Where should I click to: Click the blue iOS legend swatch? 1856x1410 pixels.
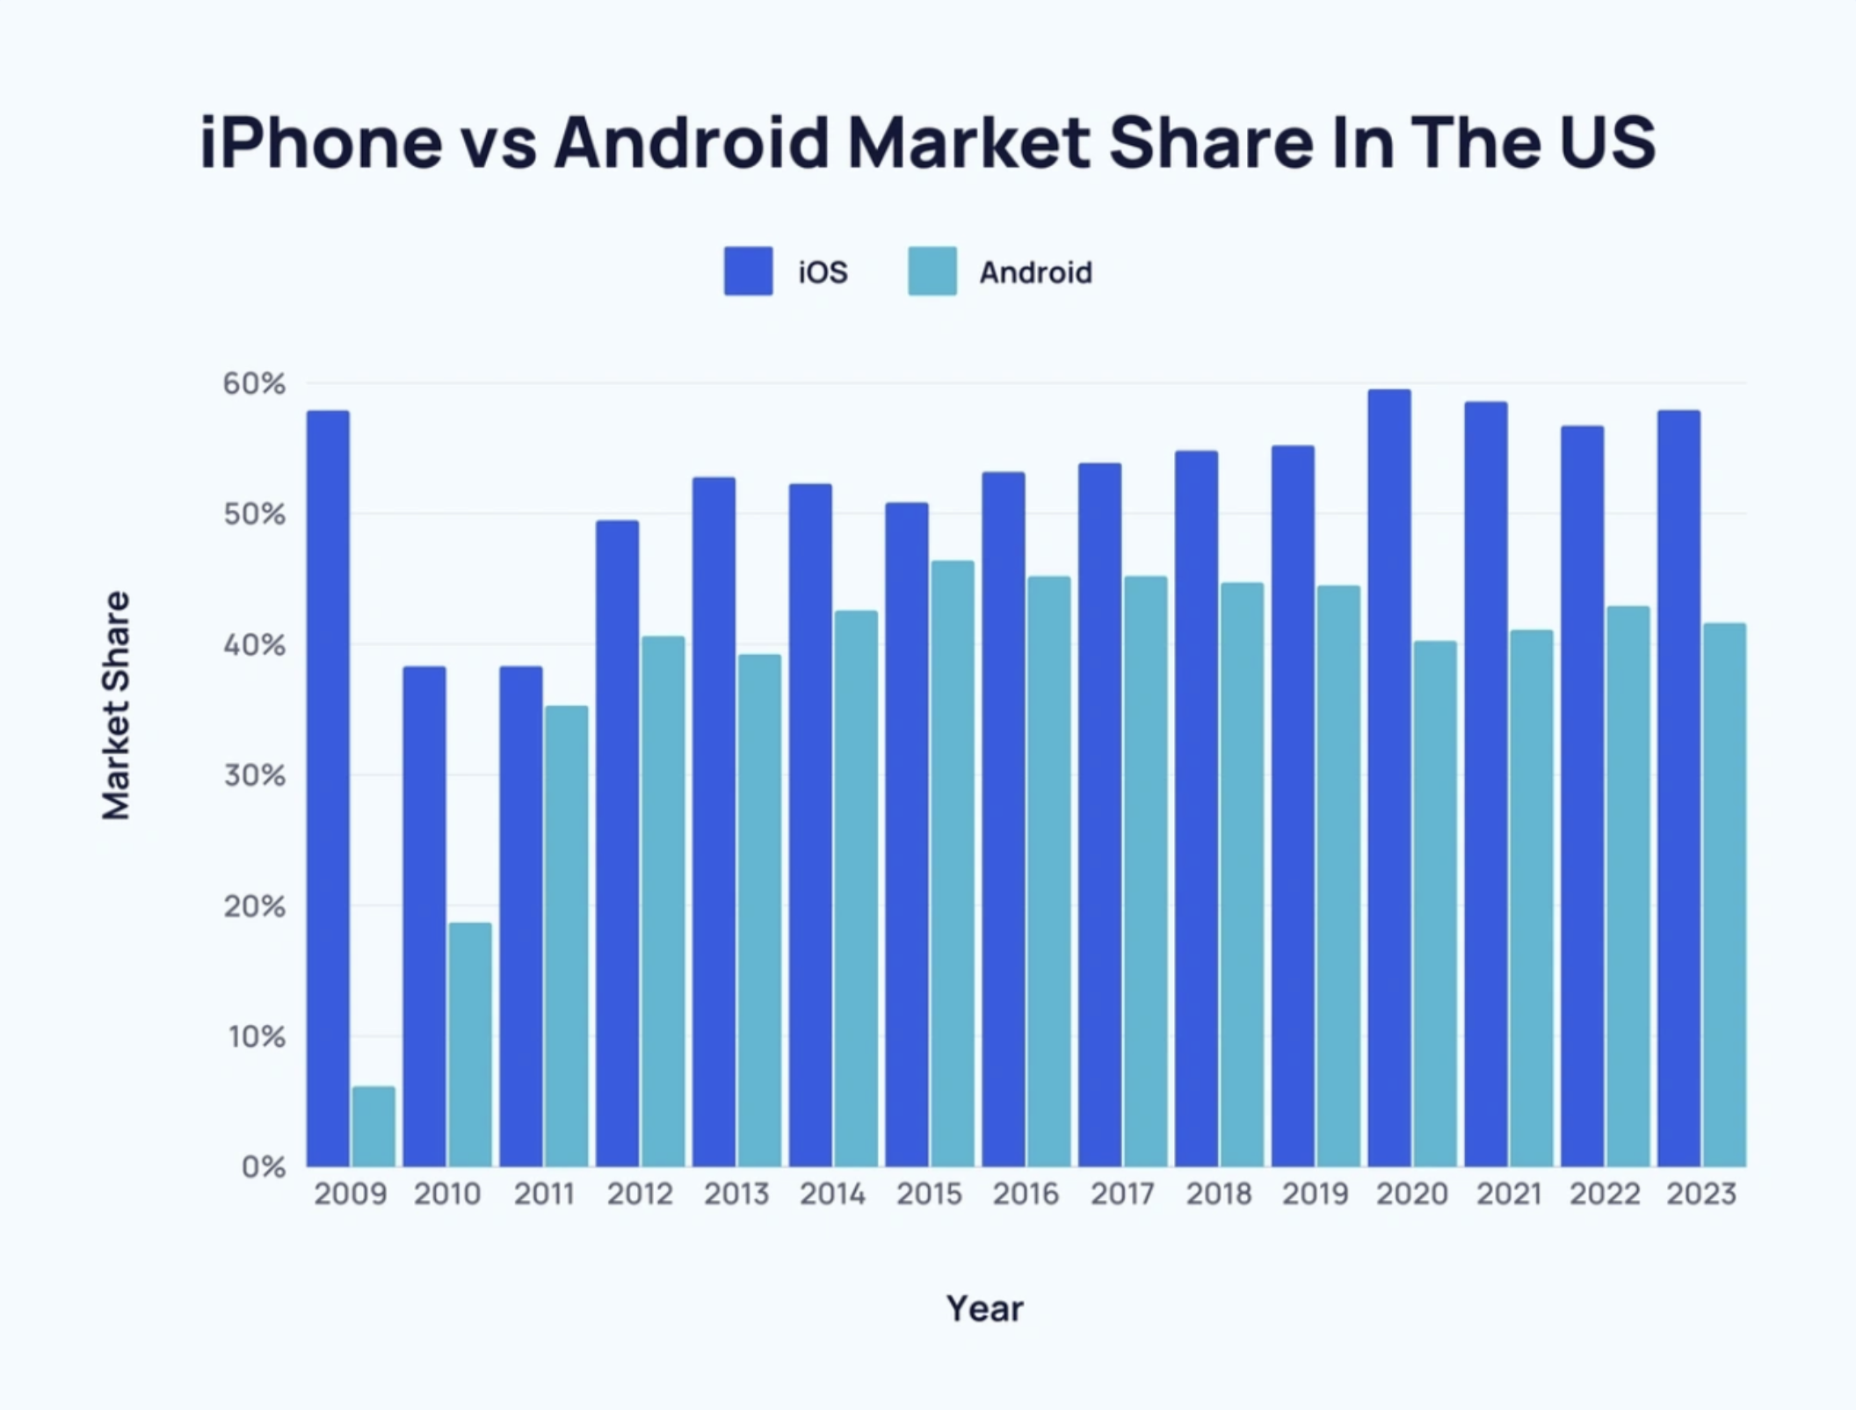(x=748, y=271)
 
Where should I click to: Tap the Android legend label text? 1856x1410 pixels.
(x=1035, y=273)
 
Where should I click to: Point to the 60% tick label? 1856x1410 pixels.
(x=254, y=384)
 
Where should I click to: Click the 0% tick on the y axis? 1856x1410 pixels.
(x=263, y=1167)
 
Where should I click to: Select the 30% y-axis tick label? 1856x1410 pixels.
(x=254, y=775)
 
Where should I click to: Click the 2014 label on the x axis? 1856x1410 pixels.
(x=832, y=1194)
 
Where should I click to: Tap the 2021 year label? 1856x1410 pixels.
(x=1509, y=1194)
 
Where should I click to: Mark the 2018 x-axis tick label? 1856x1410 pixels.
(x=1218, y=1194)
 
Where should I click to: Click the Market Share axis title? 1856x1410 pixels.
(x=116, y=705)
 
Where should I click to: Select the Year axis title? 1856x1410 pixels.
(x=984, y=1309)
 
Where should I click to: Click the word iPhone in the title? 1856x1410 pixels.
(x=321, y=142)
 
